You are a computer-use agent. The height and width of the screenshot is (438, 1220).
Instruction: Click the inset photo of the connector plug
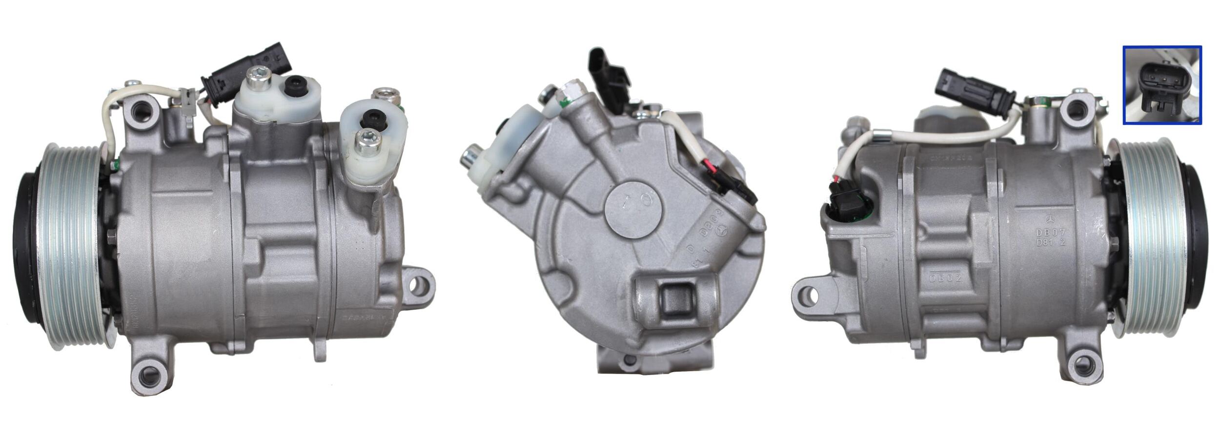click(x=1162, y=85)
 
